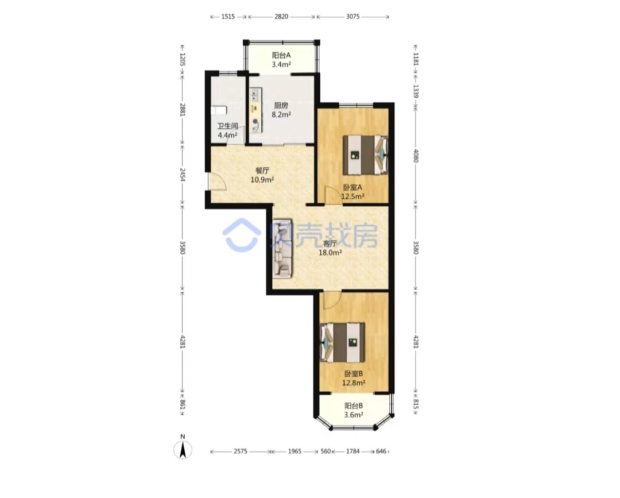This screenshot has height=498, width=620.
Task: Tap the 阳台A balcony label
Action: tap(281, 55)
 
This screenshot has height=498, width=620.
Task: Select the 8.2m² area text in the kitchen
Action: tap(281, 115)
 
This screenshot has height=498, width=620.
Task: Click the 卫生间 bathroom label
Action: tap(227, 126)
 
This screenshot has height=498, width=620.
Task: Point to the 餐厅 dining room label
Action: tap(262, 171)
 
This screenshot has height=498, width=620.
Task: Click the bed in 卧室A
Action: tap(365, 155)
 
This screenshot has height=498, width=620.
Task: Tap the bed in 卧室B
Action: tap(342, 342)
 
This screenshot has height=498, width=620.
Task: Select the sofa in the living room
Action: tap(282, 248)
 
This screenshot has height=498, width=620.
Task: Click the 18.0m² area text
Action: tap(330, 252)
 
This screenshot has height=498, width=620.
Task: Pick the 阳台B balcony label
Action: tap(354, 406)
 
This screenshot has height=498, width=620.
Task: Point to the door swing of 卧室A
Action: tap(334, 195)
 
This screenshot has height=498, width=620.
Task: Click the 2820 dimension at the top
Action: tap(281, 17)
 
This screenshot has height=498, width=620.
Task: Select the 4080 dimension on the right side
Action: tap(416, 156)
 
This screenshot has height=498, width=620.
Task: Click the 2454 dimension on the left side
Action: tap(183, 175)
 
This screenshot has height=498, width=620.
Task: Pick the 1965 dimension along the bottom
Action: tap(294, 451)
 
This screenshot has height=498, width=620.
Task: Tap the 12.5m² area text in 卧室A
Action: tap(352, 196)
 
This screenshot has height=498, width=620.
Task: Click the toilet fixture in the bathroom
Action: tap(219, 110)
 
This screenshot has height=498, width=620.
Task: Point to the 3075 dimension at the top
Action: tap(352, 17)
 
